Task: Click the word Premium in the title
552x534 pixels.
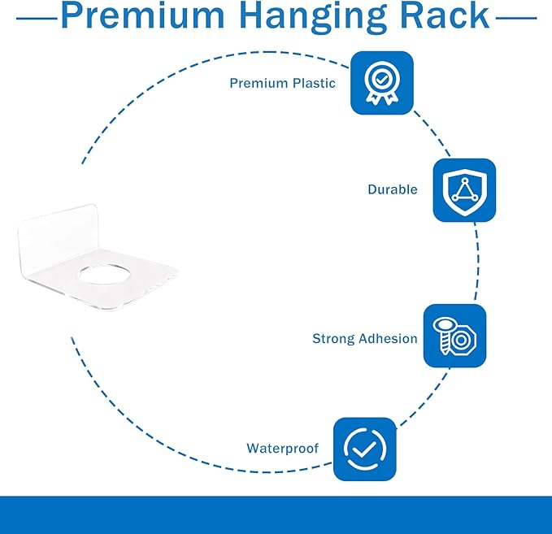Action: (142, 15)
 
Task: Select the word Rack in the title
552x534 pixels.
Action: (445, 15)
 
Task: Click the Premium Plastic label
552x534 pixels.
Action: (282, 84)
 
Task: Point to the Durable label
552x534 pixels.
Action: (393, 189)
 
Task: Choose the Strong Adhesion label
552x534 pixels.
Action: (365, 339)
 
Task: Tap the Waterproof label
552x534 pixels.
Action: (282, 449)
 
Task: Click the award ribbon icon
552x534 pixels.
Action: (382, 83)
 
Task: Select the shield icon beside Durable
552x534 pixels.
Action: (464, 190)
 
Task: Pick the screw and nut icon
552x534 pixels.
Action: (454, 336)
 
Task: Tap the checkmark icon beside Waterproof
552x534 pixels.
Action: (365, 449)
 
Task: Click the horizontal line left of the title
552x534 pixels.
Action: (37, 19)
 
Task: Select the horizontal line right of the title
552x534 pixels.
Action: (516, 18)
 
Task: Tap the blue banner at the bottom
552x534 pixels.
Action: (276, 515)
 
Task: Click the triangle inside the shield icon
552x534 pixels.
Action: (465, 191)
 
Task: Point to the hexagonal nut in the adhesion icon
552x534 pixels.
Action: (462, 340)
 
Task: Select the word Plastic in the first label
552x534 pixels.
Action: (314, 84)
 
